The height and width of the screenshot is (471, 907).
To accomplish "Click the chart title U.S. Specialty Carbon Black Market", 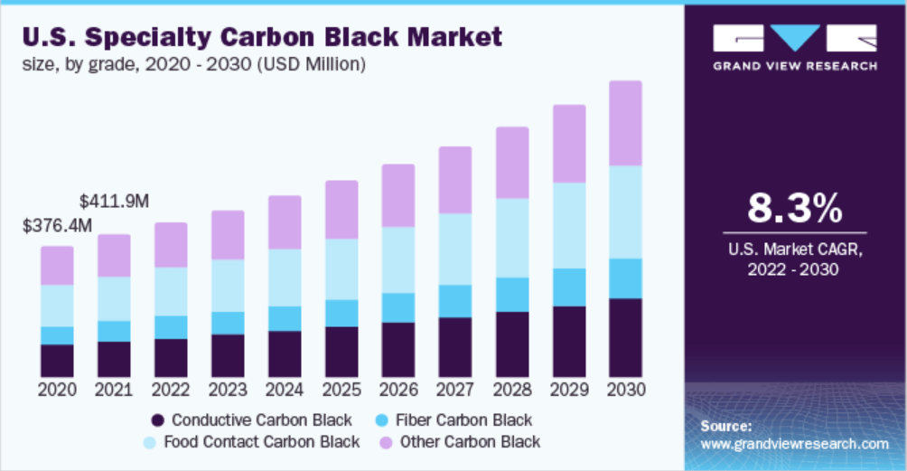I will point(261,37).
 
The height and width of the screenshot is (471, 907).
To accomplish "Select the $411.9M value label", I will point(114,200).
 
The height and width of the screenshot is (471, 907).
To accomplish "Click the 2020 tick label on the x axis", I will point(57,390).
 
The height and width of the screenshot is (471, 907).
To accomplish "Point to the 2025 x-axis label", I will point(341,390).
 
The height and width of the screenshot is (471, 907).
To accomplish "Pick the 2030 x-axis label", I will point(625,390).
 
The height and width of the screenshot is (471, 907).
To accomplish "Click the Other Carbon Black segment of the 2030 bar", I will point(625,123).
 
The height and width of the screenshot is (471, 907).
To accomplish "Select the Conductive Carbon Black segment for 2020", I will point(57,360).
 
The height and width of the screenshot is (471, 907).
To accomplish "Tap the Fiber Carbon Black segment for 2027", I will point(454,301).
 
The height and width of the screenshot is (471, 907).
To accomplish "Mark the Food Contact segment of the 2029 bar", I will point(568,225).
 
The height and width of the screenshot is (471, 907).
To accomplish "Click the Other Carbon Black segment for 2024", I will point(284,221).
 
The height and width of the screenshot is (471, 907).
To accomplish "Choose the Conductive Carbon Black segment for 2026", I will point(397,349).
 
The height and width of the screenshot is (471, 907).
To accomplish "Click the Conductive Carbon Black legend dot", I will point(158,420).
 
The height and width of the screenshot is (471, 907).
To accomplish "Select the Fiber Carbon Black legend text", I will point(464,420).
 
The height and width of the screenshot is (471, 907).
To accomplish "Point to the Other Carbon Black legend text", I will point(470,442).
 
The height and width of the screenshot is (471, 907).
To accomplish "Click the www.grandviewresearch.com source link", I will point(794,444).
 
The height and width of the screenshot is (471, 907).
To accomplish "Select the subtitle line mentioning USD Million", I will point(193,64).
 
